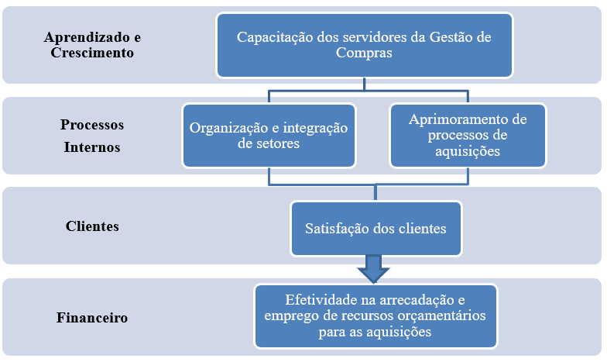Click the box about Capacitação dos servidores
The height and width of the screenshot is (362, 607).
pyautogui.click(x=364, y=45)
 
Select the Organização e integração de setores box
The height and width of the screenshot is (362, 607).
pyautogui.click(x=269, y=135)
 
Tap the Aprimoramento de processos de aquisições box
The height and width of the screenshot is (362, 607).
pyautogui.click(x=468, y=135)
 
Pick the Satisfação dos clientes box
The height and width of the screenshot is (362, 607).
pyautogui.click(x=376, y=229)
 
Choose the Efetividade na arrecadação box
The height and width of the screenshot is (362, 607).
pyautogui.click(x=376, y=316)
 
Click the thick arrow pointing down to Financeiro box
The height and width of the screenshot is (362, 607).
pyautogui.click(x=373, y=269)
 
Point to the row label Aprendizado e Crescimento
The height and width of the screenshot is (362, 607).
pyautogui.click(x=92, y=45)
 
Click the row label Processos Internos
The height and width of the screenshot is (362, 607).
pyautogui.click(x=92, y=136)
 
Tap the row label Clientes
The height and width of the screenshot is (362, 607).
pyautogui.click(x=92, y=226)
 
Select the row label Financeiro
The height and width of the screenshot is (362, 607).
pyautogui.click(x=92, y=318)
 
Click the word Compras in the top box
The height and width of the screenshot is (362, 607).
pyautogui.click(x=364, y=53)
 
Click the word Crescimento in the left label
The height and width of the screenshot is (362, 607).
pyautogui.click(x=92, y=53)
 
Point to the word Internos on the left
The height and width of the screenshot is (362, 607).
pyautogui.click(x=92, y=147)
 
